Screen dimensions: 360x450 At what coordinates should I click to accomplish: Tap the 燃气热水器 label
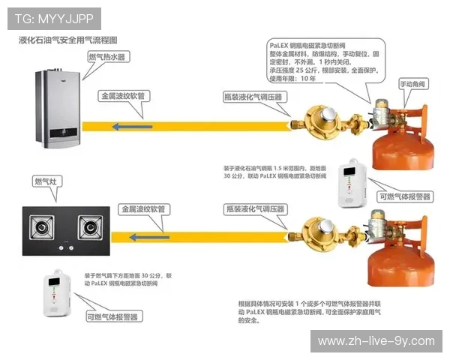(108, 57)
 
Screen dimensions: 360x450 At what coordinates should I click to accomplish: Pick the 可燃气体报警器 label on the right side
(405, 196)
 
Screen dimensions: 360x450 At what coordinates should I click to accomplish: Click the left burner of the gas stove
(42, 226)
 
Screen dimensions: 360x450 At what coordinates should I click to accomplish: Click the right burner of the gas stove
(91, 225)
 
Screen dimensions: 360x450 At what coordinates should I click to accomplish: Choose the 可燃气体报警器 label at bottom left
(112, 317)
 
